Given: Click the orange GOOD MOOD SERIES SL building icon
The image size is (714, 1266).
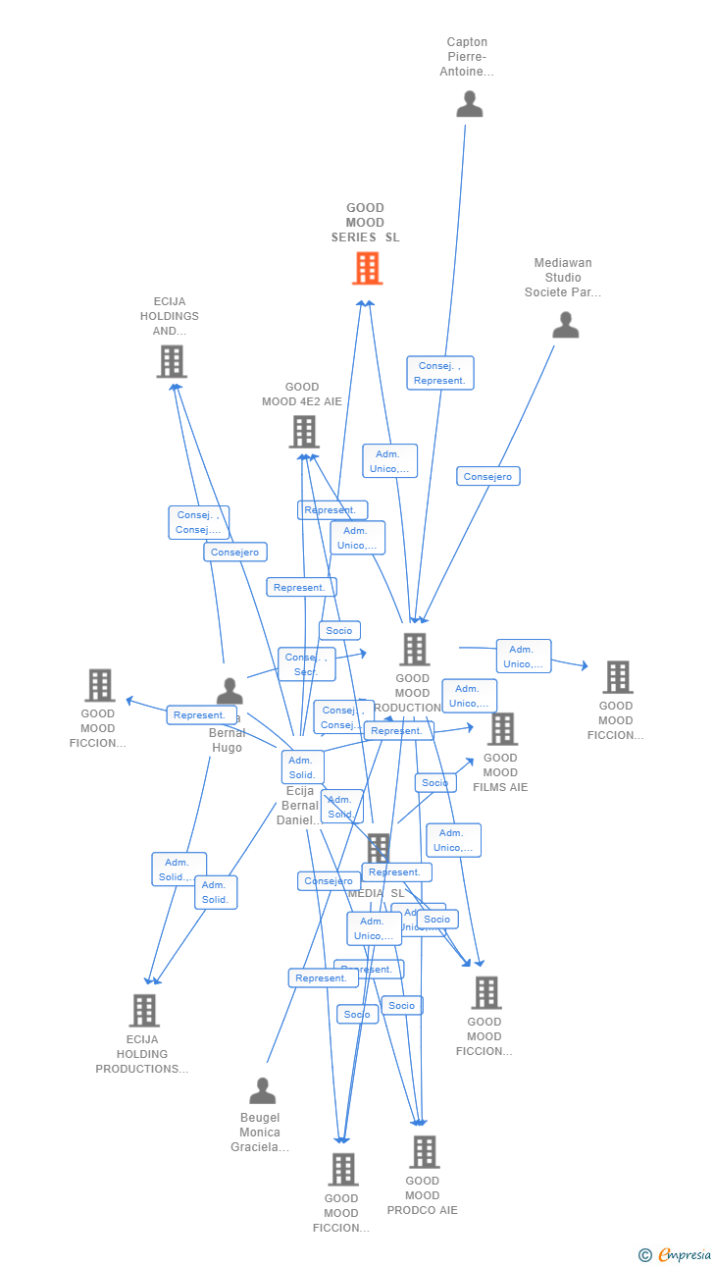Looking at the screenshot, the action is click(x=367, y=268).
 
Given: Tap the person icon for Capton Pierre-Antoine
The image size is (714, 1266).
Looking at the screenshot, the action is click(x=470, y=104).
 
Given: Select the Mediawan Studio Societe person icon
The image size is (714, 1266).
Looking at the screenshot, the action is click(x=566, y=325).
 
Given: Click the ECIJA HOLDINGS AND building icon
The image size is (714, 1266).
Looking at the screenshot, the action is click(x=172, y=361).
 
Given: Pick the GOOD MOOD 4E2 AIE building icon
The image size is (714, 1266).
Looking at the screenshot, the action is click(x=304, y=432).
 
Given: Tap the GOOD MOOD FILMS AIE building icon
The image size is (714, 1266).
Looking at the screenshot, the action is click(x=502, y=728).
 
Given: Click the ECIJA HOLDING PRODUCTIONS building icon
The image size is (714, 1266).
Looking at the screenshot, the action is click(x=144, y=1010).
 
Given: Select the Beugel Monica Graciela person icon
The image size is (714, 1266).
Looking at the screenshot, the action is click(x=262, y=1090).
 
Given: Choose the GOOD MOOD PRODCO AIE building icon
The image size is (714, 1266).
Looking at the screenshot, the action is click(x=424, y=1151).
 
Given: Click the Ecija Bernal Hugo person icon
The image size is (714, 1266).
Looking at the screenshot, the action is click(x=229, y=691).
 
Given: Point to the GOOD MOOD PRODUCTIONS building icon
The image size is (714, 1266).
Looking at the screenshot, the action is click(x=414, y=649).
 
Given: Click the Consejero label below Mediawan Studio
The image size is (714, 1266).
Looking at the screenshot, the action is click(x=487, y=476).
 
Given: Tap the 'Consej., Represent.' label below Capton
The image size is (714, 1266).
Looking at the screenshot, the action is click(x=439, y=373).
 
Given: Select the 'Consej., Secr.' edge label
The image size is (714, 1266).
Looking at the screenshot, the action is click(x=306, y=664).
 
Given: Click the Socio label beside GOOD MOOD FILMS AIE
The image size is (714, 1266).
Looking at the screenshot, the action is click(x=434, y=782).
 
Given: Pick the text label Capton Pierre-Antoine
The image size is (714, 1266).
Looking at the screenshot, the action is click(x=467, y=57).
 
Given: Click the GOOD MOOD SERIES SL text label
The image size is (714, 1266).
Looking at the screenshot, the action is click(x=365, y=223).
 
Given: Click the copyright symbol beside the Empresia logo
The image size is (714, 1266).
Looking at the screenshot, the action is click(x=644, y=1254).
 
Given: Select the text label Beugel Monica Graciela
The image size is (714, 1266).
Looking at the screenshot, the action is click(x=260, y=1132).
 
